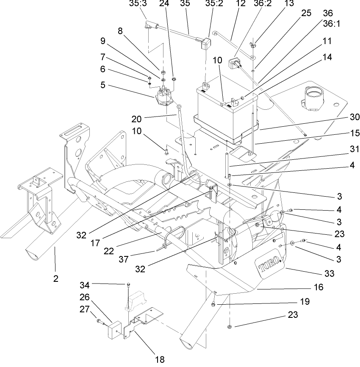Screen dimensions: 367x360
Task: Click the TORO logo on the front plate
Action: click(269, 266)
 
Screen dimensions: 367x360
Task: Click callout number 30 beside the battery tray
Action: click(354, 117)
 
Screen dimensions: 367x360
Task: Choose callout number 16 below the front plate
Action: click(318, 287)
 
